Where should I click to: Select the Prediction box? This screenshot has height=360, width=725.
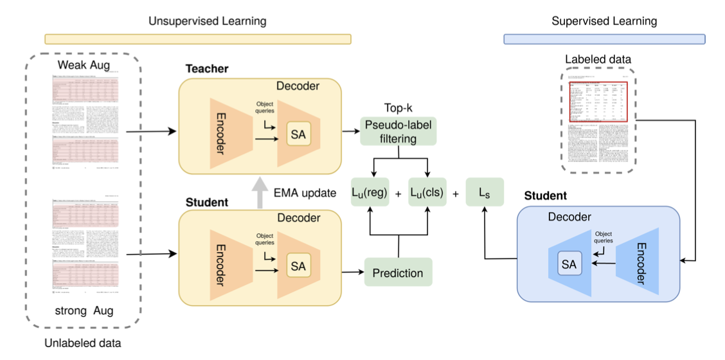pyautogui.click(x=398, y=273)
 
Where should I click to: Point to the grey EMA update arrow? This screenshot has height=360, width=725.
pyautogui.click(x=260, y=192)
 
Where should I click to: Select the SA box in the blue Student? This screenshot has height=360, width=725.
pyautogui.click(x=569, y=264)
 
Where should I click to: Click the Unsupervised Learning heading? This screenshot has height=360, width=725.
pyautogui.click(x=207, y=22)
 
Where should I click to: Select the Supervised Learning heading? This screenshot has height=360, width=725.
pyautogui.click(x=604, y=22)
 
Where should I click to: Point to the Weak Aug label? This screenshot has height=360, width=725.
pyautogui.click(x=84, y=65)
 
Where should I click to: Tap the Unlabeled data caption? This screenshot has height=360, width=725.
pyautogui.click(x=82, y=343)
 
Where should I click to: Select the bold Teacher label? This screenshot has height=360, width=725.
pyautogui.click(x=207, y=69)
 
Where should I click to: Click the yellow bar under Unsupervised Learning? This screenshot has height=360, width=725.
pyautogui.click(x=198, y=39)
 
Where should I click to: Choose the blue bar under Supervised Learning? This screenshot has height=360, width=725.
pyautogui.click(x=604, y=39)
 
